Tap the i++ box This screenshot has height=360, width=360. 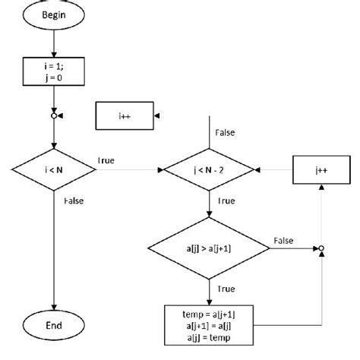124,115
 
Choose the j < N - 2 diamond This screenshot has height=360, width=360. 208,172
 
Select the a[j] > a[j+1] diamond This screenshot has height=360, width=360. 208,248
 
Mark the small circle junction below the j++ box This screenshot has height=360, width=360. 321,248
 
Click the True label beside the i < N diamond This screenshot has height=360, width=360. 107,161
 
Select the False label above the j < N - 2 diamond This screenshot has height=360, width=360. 226,132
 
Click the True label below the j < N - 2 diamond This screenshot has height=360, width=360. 226,203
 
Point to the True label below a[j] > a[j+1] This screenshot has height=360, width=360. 226,289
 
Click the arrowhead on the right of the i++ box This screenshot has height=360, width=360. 157,115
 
